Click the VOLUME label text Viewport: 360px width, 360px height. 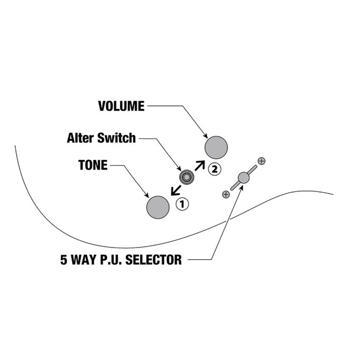pyautogui.click(x=121, y=106)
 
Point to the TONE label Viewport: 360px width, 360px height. pyautogui.click(x=93, y=166)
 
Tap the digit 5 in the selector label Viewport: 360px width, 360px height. pyautogui.click(x=63, y=259)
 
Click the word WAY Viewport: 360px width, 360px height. pyautogui.click(x=80, y=259)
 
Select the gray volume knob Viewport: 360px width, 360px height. pyautogui.click(x=216, y=147)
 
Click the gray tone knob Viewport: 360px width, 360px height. pyautogui.click(x=157, y=207)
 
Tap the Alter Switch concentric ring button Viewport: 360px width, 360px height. pyautogui.click(x=187, y=177)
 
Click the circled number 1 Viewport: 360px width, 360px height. pyautogui.click(x=182, y=204)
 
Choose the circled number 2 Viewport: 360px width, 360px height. pyautogui.click(x=214, y=168)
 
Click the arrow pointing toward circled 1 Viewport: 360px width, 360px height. pyautogui.click(x=176, y=190)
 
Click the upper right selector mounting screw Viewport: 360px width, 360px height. pyautogui.click(x=261, y=161)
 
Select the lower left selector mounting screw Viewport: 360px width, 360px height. pyautogui.click(x=225, y=194)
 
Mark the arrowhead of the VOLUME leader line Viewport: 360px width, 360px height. pyautogui.click(x=205, y=136)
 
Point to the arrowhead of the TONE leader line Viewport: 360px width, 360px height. pyautogui.click(x=147, y=196)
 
